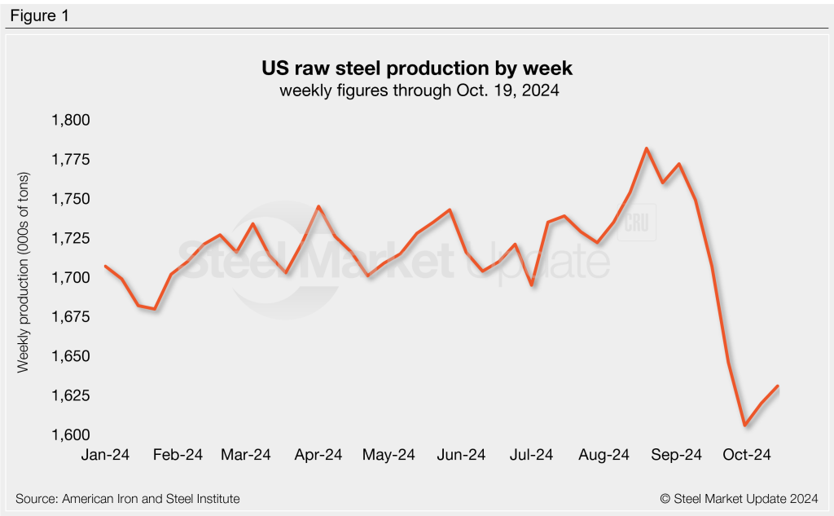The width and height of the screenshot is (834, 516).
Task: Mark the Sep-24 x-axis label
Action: click(x=675, y=455)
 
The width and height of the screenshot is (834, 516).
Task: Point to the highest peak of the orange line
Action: click(x=646, y=148)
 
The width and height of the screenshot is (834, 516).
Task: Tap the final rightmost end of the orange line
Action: click(x=778, y=386)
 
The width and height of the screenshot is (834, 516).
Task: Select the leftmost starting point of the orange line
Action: click(x=106, y=266)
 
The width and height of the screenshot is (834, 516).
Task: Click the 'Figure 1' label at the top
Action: click(x=39, y=15)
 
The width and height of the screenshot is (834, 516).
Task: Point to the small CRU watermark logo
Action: click(x=631, y=227)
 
